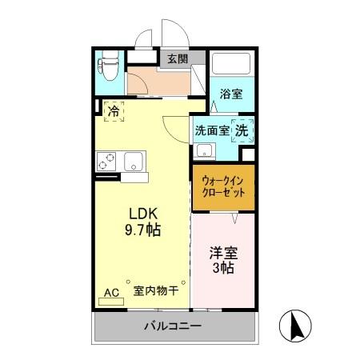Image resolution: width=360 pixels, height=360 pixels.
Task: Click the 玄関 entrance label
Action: [x=178, y=58]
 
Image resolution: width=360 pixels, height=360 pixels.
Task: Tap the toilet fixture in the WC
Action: [x=109, y=62]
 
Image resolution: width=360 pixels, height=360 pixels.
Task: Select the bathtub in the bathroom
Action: [x=232, y=63]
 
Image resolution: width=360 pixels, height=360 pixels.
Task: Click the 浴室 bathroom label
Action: [x=232, y=94]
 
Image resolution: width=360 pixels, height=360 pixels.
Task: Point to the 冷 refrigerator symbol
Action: [x=114, y=111]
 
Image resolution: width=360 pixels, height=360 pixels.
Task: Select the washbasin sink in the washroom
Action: [x=206, y=149]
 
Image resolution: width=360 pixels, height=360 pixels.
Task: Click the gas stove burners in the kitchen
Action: [x=107, y=161]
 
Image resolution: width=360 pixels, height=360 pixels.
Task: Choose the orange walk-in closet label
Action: [x=223, y=187]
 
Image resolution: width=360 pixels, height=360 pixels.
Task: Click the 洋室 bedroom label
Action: [x=223, y=253]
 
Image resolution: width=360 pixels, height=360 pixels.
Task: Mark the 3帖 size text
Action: [x=223, y=270]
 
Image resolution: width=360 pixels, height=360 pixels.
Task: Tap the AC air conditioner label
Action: [x=112, y=293]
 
